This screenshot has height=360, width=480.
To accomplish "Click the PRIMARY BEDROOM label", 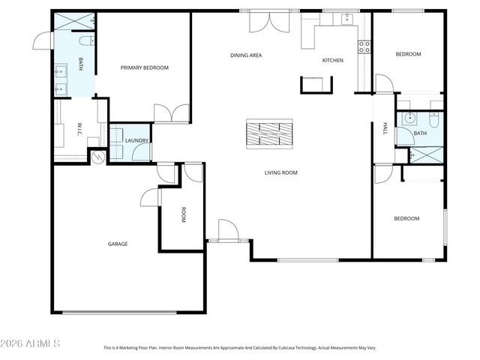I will click(x=145, y=67).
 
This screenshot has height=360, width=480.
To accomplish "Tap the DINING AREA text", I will click(x=245, y=55).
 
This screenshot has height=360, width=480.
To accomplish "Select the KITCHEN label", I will click(x=332, y=60).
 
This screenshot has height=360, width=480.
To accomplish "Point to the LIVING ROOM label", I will click(x=280, y=172).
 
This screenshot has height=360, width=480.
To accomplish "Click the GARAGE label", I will click(x=118, y=244).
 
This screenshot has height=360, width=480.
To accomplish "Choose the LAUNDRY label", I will click(x=136, y=140).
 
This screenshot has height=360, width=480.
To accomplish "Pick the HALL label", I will click(x=385, y=128).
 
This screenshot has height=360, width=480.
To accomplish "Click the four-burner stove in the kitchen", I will click(x=364, y=46).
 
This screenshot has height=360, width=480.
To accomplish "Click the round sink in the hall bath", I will click(x=409, y=118).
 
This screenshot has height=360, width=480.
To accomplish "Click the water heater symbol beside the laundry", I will click(x=96, y=157).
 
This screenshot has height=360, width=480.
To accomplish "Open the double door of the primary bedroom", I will click(x=172, y=113).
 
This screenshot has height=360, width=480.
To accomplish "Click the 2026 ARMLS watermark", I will click(x=31, y=343).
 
